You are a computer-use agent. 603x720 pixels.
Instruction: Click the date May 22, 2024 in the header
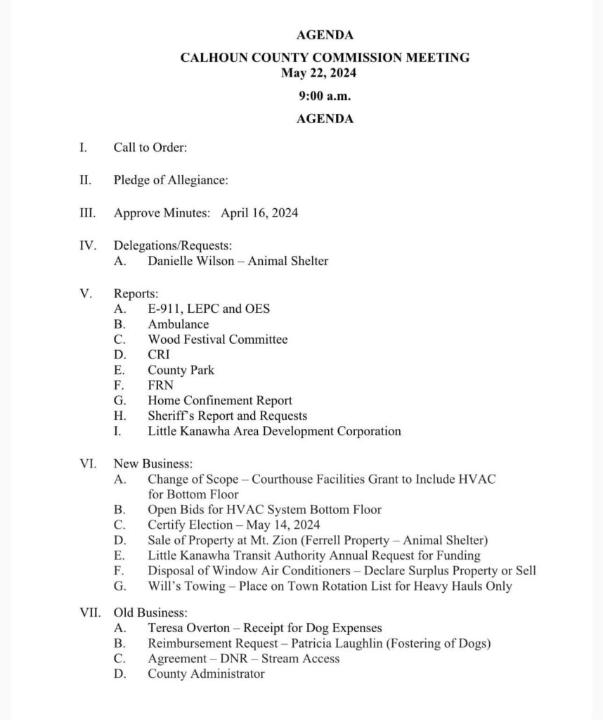point(324,72)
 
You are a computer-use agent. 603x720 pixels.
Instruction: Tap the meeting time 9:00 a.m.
point(324,95)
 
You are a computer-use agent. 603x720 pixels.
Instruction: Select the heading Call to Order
point(150,148)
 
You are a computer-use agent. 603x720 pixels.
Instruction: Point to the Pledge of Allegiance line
point(171,180)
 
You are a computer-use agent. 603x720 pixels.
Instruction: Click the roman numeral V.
point(84,293)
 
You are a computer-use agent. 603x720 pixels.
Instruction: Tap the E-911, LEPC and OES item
point(209,309)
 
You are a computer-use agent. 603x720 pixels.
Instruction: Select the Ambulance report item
point(178,324)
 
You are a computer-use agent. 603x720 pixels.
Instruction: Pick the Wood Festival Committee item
point(217,340)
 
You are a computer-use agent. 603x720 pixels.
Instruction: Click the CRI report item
point(159,354)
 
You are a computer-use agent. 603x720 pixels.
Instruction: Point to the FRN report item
point(160,385)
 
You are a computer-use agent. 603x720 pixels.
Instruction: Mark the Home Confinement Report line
point(220,401)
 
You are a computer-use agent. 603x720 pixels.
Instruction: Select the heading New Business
point(153,464)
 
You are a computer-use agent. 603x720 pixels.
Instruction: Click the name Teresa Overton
point(188,628)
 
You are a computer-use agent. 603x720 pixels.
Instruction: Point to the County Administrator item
point(206,674)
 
